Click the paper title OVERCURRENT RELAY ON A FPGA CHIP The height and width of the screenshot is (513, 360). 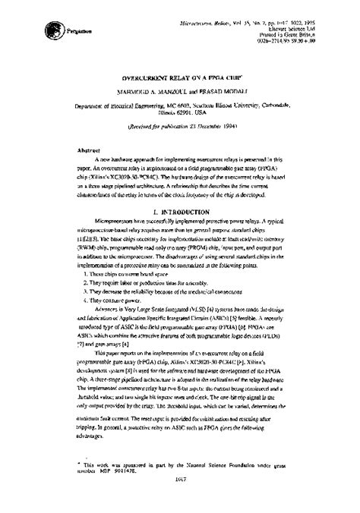[x=180, y=79]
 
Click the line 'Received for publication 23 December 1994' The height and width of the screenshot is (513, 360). [x=180, y=128]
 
